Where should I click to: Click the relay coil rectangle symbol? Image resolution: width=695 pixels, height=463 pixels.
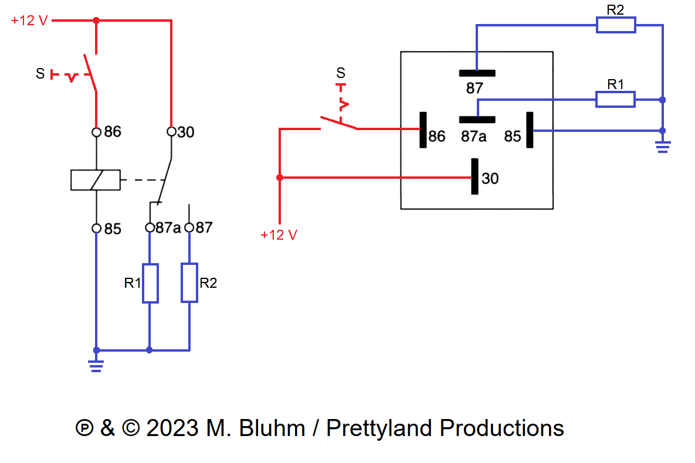tap(96, 180)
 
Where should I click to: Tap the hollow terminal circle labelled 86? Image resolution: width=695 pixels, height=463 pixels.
tap(97, 132)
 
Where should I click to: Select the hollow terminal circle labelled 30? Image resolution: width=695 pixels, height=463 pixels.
tap(171, 132)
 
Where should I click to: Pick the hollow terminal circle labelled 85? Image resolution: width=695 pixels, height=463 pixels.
tap(97, 228)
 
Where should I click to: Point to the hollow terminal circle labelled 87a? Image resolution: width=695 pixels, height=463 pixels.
tap(150, 227)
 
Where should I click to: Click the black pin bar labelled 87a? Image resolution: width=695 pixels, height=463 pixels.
tap(477, 120)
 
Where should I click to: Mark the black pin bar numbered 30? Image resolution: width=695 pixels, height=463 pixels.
tap(474, 176)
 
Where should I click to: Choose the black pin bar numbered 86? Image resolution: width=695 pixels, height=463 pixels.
tap(422, 130)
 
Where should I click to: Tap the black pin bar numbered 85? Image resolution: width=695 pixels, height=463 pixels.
tap(529, 130)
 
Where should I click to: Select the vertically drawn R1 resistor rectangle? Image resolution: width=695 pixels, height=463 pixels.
tap(150, 284)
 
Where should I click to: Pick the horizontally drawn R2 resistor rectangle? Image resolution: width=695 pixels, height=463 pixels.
tap(616, 25)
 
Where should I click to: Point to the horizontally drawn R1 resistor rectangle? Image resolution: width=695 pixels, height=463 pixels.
tap(615, 100)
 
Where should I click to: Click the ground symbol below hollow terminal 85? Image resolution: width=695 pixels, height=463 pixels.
tap(96, 365)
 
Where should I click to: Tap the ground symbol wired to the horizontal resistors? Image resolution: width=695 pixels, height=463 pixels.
tap(662, 146)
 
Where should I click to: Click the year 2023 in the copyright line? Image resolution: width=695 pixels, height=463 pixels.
tap(171, 428)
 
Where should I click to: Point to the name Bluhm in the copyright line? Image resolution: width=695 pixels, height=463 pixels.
tap(274, 428)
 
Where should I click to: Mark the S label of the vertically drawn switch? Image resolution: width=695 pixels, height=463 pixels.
tap(40, 74)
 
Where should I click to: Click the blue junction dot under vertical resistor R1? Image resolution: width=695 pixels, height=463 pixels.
tap(150, 350)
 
